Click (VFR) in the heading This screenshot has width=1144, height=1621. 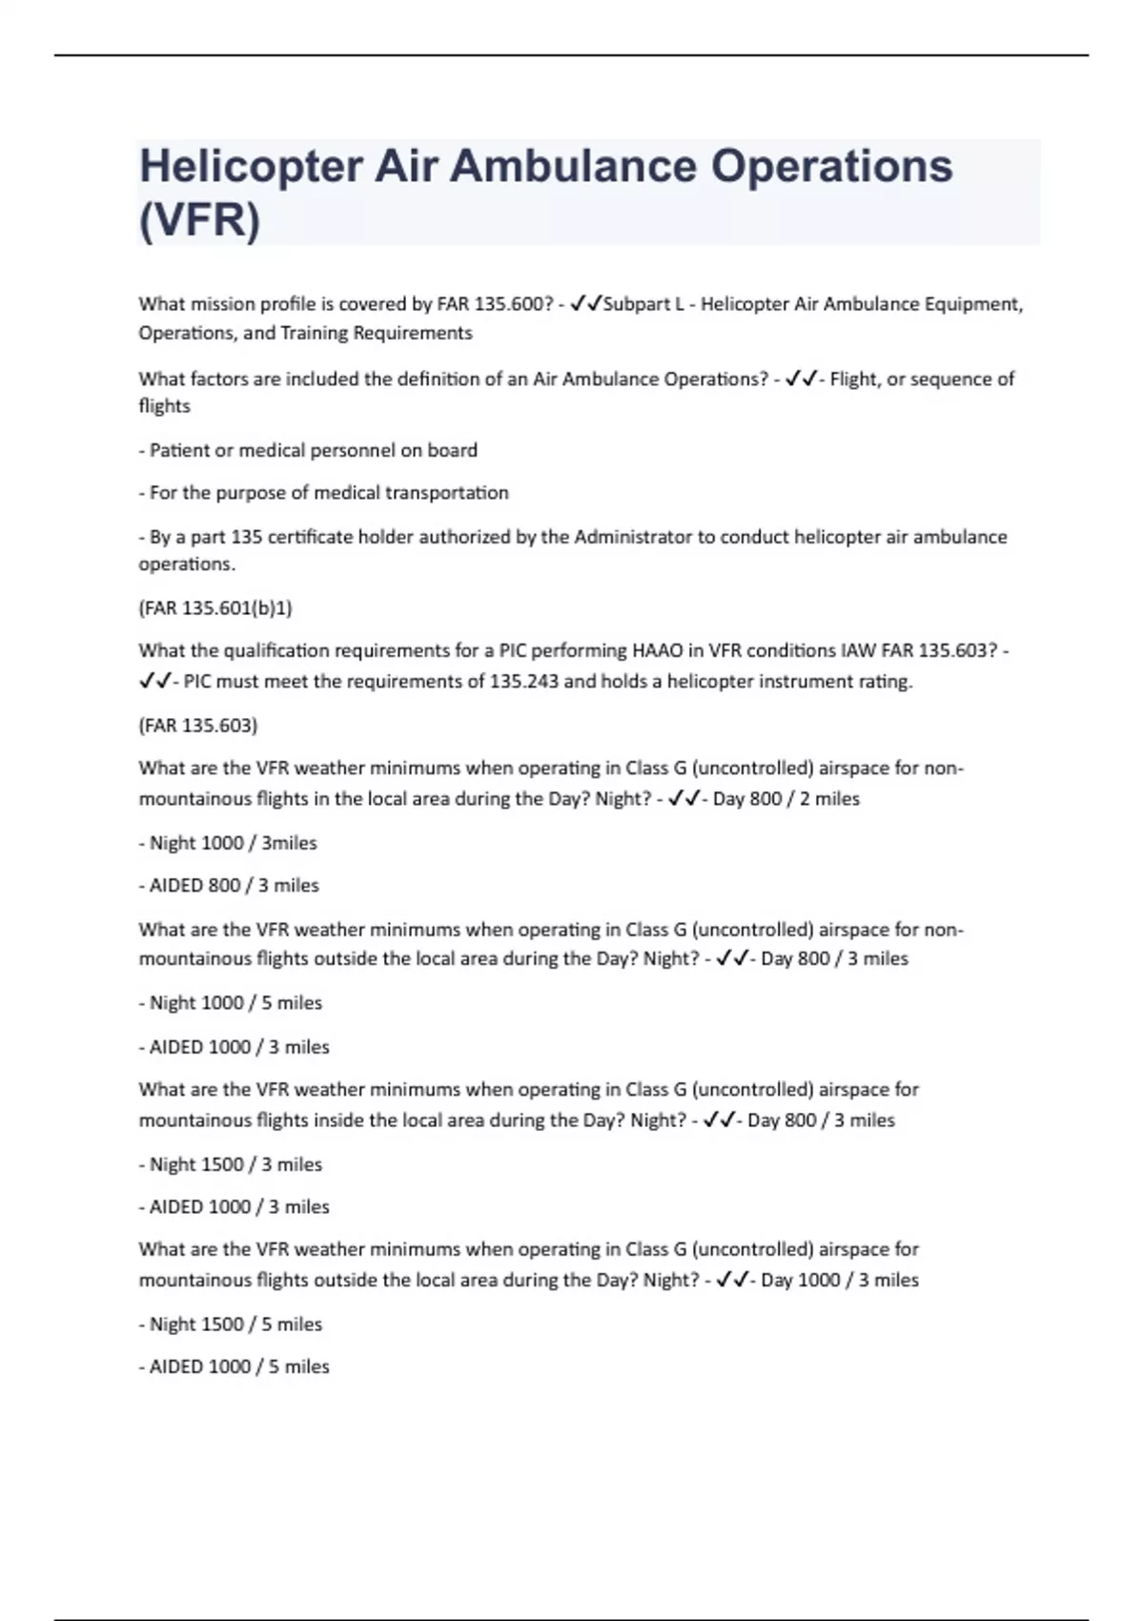pyautogui.click(x=199, y=220)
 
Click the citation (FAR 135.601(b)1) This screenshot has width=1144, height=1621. pyautogui.click(x=215, y=607)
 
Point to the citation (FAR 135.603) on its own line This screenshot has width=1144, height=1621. pyautogui.click(x=198, y=726)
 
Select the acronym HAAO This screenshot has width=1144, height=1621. pyautogui.click(x=657, y=651)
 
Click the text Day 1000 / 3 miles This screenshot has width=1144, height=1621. pyautogui.click(x=839, y=1280)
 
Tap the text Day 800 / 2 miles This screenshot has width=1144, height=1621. pyautogui.click(x=786, y=799)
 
